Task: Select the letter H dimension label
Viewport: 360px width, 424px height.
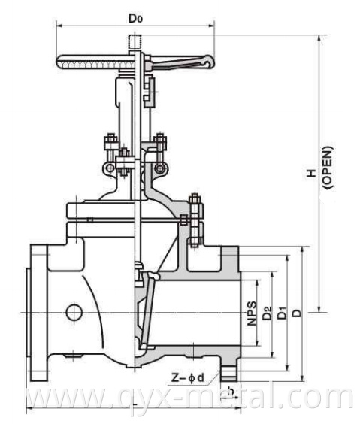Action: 309,174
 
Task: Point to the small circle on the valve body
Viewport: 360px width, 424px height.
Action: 73,310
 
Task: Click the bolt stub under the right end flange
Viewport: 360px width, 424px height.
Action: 227,370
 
